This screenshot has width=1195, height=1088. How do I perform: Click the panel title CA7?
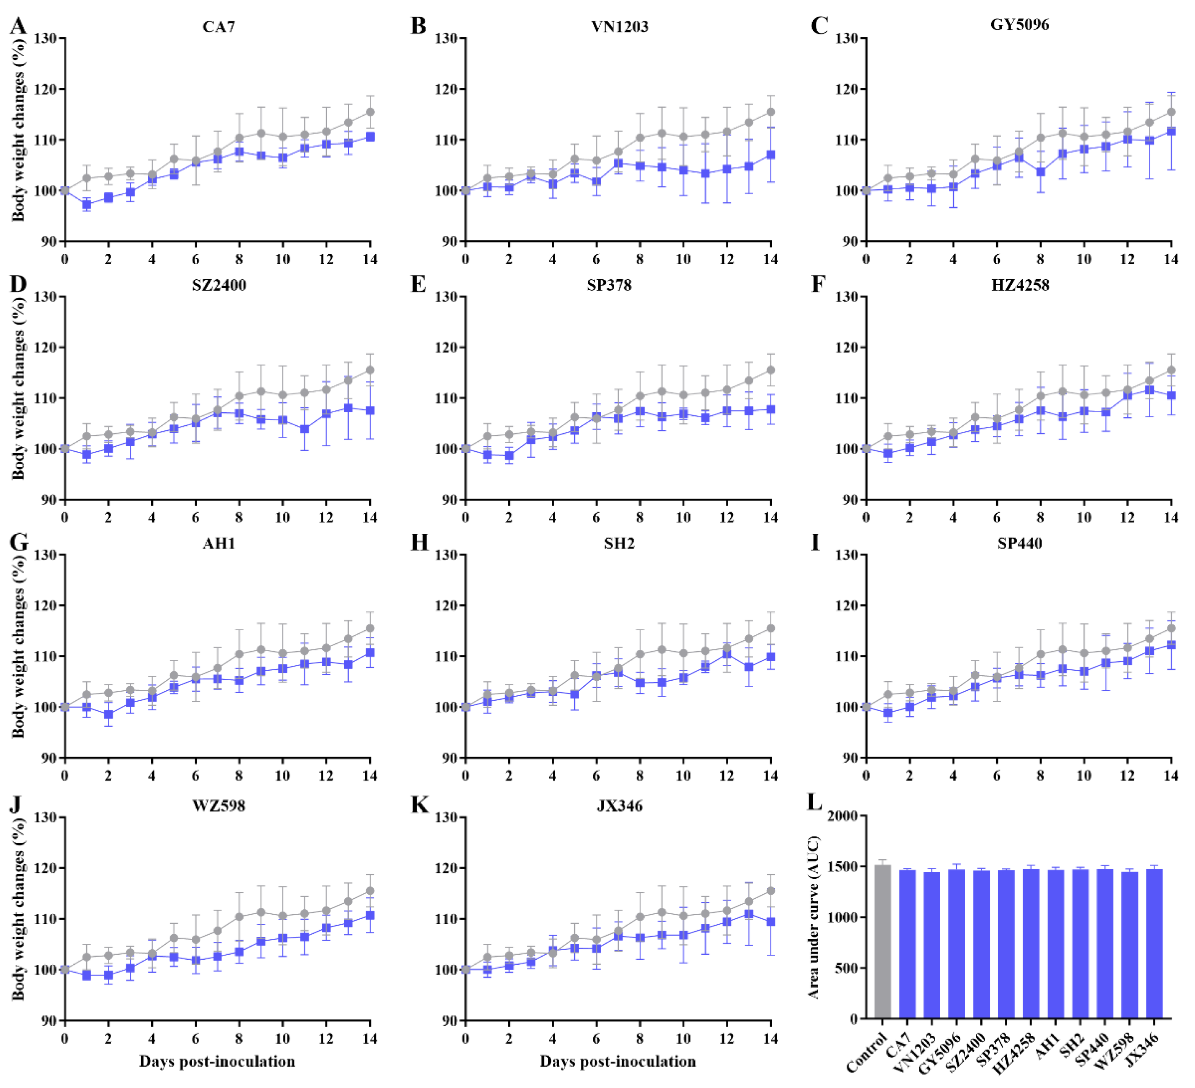click(219, 27)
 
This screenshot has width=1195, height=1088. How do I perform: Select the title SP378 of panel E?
click(610, 286)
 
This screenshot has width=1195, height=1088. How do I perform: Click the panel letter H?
click(419, 542)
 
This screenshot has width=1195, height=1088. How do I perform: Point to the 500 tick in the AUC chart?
click(846, 968)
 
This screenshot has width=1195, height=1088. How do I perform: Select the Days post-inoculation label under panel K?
click(618, 1061)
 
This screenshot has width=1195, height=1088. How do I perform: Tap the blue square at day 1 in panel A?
click(87, 205)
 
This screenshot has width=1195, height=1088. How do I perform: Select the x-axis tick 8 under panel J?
click(239, 1039)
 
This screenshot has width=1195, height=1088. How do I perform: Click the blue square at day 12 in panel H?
click(727, 654)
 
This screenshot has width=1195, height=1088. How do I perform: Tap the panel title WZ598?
click(219, 806)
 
